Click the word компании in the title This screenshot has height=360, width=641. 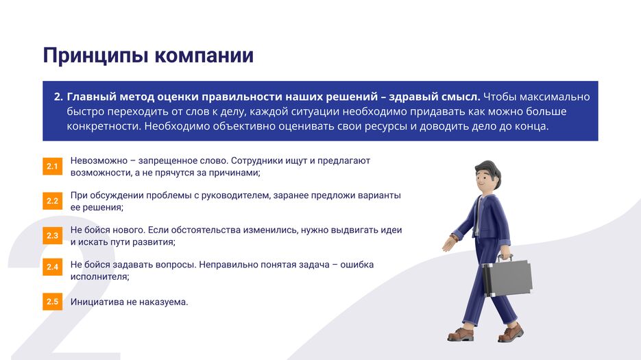point(204,56)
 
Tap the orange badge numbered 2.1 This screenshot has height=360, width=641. point(52,166)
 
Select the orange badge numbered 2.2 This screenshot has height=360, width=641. point(52,201)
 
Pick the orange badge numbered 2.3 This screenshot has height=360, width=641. point(52,236)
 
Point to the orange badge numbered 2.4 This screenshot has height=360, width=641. point(52,267)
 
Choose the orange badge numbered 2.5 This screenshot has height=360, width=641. point(52,302)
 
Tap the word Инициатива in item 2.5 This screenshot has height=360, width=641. point(97,302)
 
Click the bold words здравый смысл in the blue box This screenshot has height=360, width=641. point(434,97)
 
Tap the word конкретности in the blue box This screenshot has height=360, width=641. point(104,126)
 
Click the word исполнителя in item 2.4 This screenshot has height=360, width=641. point(99,277)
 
